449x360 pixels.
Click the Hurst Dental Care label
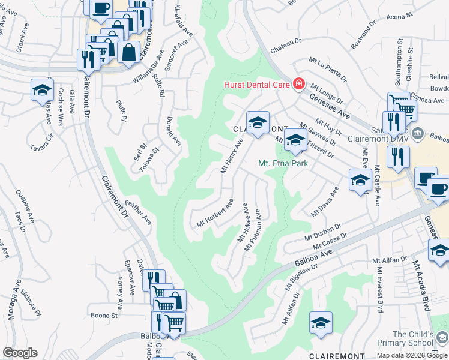point(257,85)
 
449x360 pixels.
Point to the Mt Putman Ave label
point(252,230)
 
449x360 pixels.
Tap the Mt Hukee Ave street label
point(244,223)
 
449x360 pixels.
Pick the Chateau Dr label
point(286,41)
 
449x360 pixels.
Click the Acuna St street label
point(401,16)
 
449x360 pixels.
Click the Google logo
point(20,353)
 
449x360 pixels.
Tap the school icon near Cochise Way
point(42,91)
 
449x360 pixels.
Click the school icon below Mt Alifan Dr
point(321,323)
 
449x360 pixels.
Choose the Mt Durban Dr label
point(325,232)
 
